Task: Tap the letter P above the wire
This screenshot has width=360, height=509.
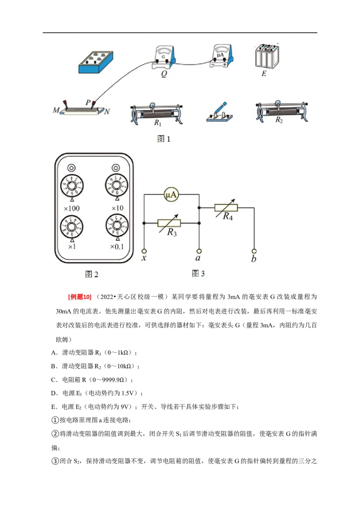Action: pos(88,103)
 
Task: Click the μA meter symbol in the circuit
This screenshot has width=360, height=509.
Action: pos(171,195)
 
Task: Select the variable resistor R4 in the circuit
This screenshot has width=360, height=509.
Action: pos(226,207)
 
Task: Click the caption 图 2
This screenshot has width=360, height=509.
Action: pos(92,274)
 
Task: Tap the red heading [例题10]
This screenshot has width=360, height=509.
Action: pos(79,297)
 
